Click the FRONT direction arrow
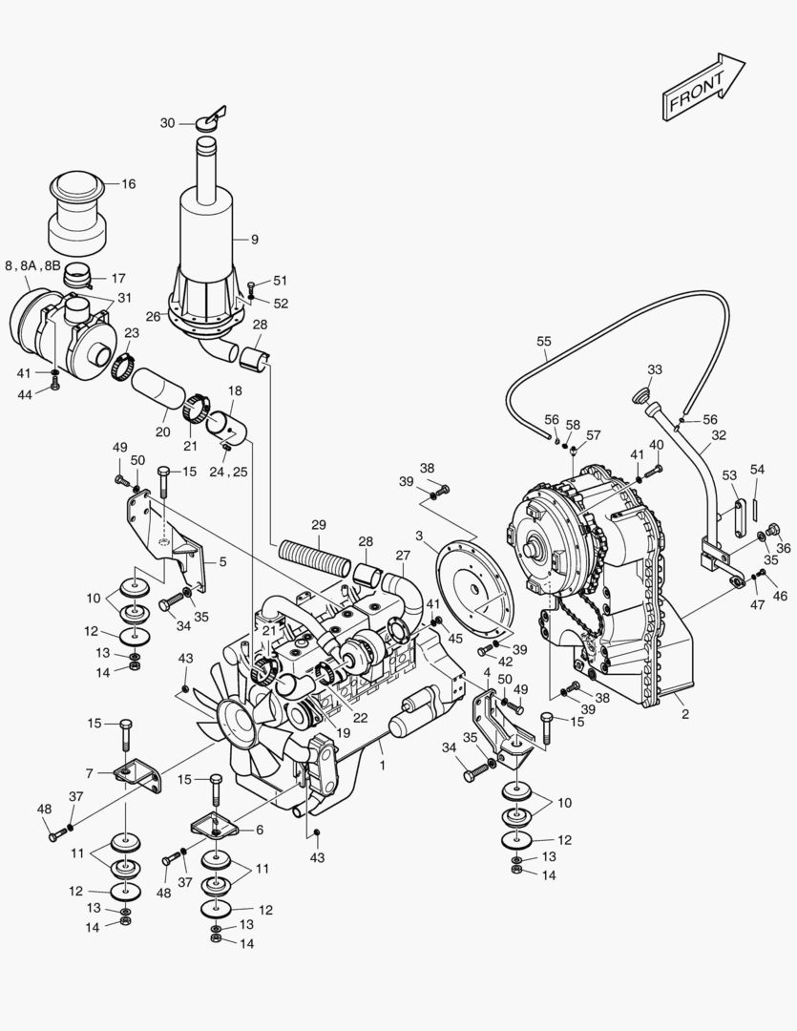[x=704, y=88]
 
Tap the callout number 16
[x=128, y=184]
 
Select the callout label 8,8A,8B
[x=32, y=265]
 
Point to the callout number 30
[x=168, y=123]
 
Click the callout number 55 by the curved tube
[x=544, y=341]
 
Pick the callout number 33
[x=654, y=369]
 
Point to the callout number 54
[x=757, y=469]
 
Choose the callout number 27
[x=403, y=555]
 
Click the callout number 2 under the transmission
[x=683, y=713]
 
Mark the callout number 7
[x=89, y=771]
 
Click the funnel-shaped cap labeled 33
[x=640, y=393]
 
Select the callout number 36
[x=784, y=548]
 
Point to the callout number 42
[x=505, y=661]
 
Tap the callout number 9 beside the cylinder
[x=255, y=239]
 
